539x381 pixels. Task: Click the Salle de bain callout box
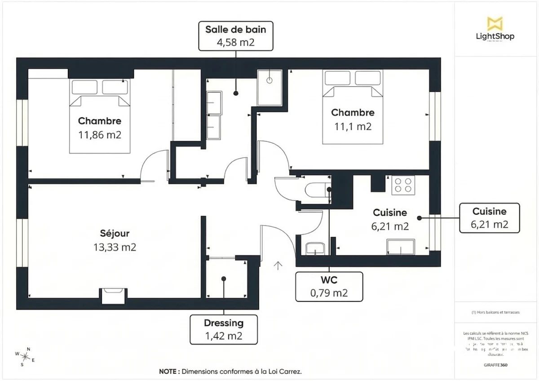coord(236,36)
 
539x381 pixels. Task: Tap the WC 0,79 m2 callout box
coord(329,287)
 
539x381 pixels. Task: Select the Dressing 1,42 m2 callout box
coord(224,329)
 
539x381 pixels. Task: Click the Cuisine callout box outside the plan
coord(489,218)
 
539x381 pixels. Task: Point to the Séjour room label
coord(115,233)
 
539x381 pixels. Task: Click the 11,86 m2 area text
coord(100,135)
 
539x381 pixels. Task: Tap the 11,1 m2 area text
coord(353,126)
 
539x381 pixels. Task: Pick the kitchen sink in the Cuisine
coord(401,246)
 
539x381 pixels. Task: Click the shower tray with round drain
coord(269,87)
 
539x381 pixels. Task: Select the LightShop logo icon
coord(495,23)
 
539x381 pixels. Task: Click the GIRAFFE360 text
coord(496,365)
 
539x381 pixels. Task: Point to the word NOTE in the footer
coord(169,372)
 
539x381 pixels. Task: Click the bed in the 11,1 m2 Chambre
coord(353,107)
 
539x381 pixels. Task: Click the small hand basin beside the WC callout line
coord(315,248)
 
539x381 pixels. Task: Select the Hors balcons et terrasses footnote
coord(495,312)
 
